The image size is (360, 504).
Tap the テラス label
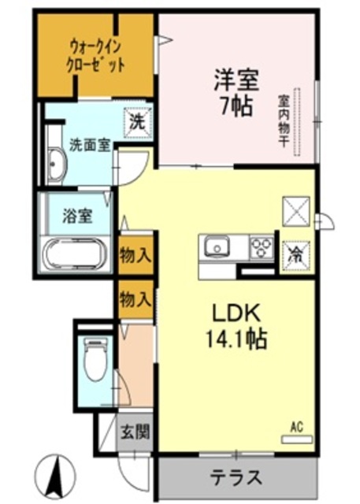[236, 476]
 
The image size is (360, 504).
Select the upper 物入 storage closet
[135, 254]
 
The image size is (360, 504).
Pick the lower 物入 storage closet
[135, 298]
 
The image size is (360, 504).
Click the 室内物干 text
[281, 122]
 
